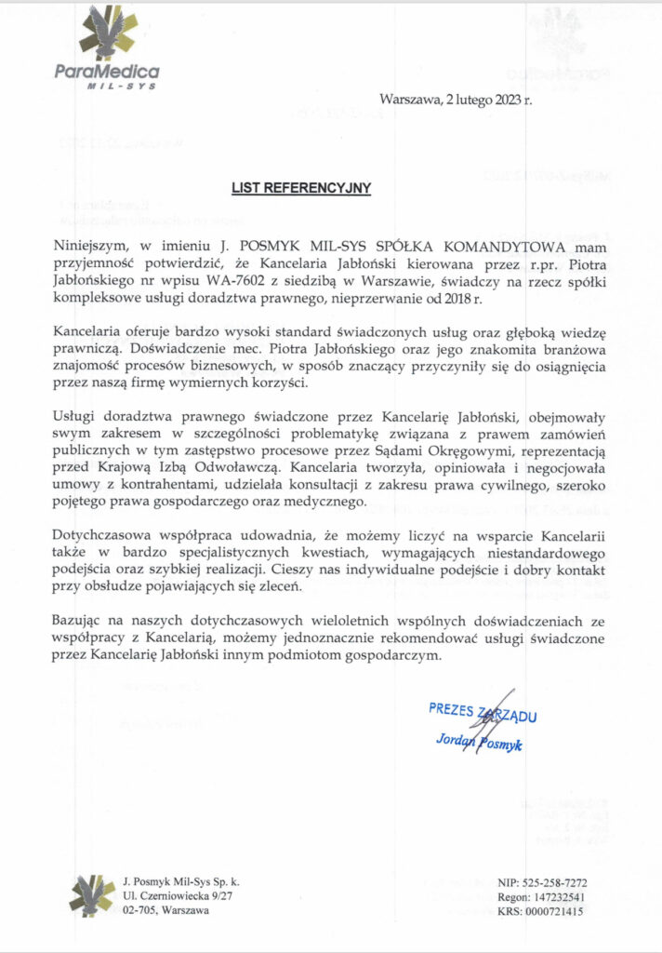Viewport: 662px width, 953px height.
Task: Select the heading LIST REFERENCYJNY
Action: tap(301, 188)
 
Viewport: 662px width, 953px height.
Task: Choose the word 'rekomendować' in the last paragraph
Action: tap(422, 638)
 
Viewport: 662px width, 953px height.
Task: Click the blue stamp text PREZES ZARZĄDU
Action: tap(483, 712)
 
